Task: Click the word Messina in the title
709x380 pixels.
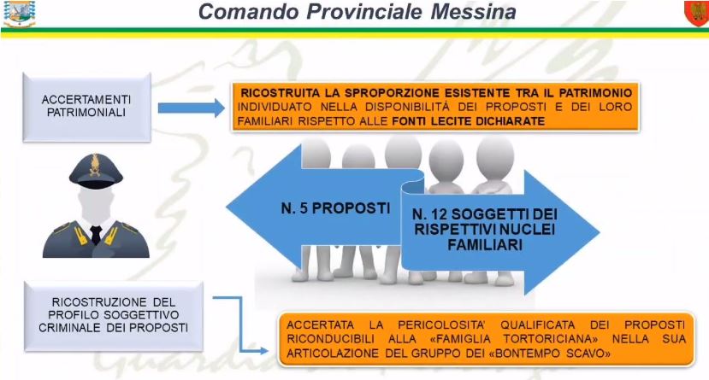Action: pos(473,12)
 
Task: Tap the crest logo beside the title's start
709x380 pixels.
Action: pos(20,13)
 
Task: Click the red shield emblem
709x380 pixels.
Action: pos(696,13)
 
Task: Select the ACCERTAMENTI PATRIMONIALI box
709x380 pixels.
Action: pos(86,108)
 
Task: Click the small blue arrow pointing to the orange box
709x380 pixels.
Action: pos(192,108)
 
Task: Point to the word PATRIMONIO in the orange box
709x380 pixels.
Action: pos(595,93)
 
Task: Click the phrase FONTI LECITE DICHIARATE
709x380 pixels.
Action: pos(468,121)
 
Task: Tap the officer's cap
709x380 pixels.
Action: pos(96,169)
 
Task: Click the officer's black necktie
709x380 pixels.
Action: pos(96,235)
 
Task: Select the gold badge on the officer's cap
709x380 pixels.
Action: pos(96,165)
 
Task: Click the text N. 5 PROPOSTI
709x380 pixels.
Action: pos(335,208)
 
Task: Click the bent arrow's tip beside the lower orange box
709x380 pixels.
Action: pos(268,351)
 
